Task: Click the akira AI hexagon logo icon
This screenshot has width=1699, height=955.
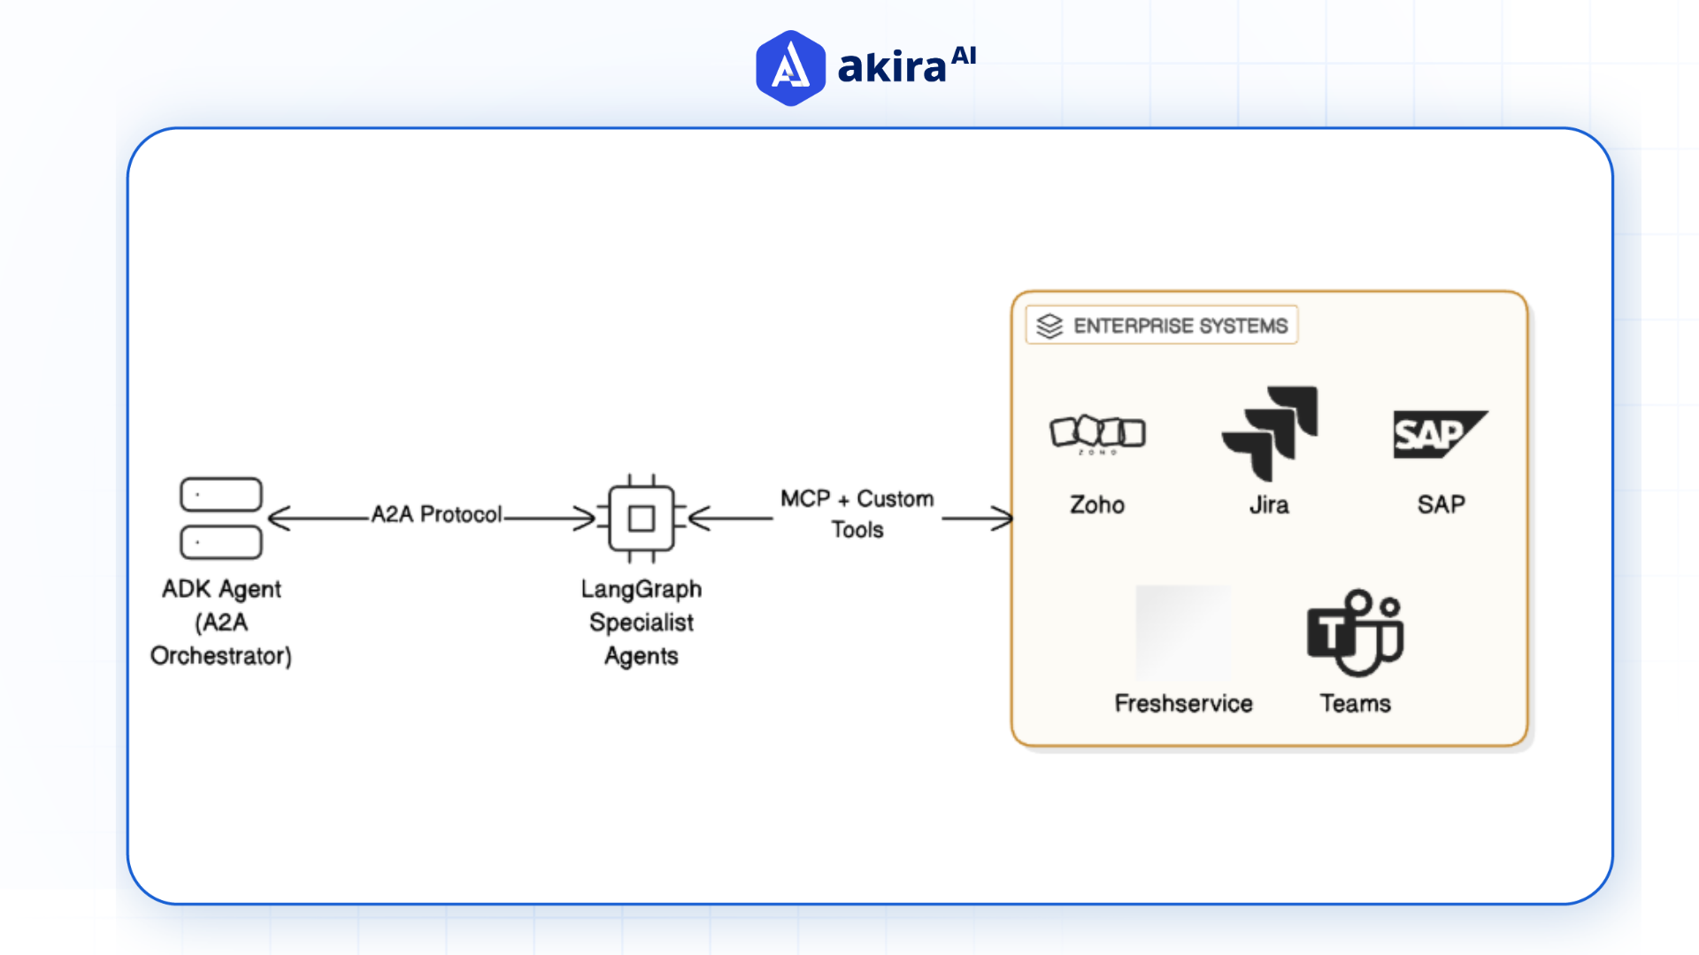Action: pos(790,68)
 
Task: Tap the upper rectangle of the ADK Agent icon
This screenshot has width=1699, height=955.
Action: pos(221,494)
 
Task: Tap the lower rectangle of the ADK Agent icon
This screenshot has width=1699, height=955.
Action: pos(221,542)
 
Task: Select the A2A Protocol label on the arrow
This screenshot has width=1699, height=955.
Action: pos(436,514)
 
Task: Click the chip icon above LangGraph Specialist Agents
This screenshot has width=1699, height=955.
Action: pos(642,518)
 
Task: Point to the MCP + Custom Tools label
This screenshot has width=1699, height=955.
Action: pos(857,514)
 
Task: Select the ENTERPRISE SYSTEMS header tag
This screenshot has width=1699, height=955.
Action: pos(1162,325)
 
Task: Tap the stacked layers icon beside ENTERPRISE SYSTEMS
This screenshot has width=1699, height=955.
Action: pos(1049,325)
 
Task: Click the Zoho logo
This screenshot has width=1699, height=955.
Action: pos(1097,433)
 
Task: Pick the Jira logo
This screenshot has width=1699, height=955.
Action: pos(1271,432)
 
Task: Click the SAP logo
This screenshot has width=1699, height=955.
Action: pos(1439,434)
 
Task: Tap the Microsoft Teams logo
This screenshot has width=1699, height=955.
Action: pos(1355,632)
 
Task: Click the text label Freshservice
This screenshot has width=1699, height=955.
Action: pos(1183,703)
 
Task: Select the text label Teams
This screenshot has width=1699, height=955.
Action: pos(1355,703)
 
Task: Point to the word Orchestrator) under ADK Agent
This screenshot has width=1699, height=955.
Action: pos(221,656)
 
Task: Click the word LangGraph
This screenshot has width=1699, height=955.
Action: pos(642,589)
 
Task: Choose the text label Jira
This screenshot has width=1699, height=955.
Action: pos(1269,505)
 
